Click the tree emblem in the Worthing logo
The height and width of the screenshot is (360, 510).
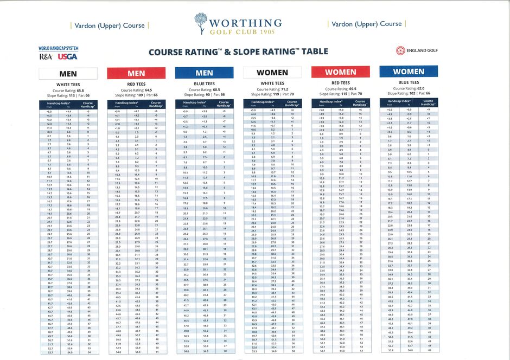click(x=200, y=23)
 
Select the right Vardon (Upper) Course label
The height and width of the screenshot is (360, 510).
click(x=366, y=24)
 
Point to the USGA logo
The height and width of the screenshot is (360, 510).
click(x=68, y=56)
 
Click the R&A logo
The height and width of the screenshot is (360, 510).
click(x=46, y=56)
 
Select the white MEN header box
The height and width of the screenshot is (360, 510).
click(x=68, y=74)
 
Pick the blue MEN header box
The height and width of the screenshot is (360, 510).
click(x=204, y=73)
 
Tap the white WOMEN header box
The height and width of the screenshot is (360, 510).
click(x=272, y=73)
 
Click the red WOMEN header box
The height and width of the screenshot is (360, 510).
click(x=340, y=72)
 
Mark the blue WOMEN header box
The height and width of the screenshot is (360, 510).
click(x=409, y=72)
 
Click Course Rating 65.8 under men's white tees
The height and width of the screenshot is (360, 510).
click(x=68, y=90)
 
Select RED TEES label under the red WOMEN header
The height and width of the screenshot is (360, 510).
click(x=340, y=83)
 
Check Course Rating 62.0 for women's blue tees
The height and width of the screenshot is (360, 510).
click(x=409, y=88)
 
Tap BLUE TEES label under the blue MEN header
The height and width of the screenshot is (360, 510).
click(x=204, y=84)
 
